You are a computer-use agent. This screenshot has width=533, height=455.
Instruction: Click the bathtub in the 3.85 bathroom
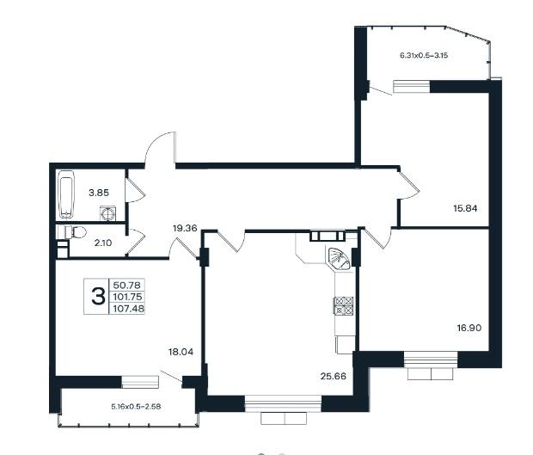coord(66,194)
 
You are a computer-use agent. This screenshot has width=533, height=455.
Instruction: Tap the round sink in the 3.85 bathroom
coord(108,213)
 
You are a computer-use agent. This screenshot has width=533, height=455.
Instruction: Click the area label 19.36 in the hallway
coord(185,228)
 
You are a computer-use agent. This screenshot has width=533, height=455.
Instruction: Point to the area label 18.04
coord(181,352)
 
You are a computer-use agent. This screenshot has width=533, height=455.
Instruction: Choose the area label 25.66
coord(334,376)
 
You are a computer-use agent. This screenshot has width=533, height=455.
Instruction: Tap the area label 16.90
coord(469,328)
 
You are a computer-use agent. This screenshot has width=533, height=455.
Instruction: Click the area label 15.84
coord(465,208)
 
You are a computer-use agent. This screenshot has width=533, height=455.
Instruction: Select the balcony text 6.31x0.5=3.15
coord(424,55)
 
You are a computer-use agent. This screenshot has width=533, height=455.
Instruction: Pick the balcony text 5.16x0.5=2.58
coord(136,406)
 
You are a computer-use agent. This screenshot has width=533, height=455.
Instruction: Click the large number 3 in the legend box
coord(98,296)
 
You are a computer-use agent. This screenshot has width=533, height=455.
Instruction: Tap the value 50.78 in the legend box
coord(126,285)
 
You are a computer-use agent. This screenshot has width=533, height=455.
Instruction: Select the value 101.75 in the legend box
coord(127,297)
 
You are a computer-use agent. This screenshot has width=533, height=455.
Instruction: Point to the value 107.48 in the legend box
coord(128,309)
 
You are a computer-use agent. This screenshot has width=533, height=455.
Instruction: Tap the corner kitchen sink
coord(339,257)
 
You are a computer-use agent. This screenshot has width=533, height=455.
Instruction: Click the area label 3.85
coord(99,193)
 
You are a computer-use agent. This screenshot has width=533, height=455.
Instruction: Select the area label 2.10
coord(103,243)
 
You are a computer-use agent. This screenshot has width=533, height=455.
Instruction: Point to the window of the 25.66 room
coord(283,403)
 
